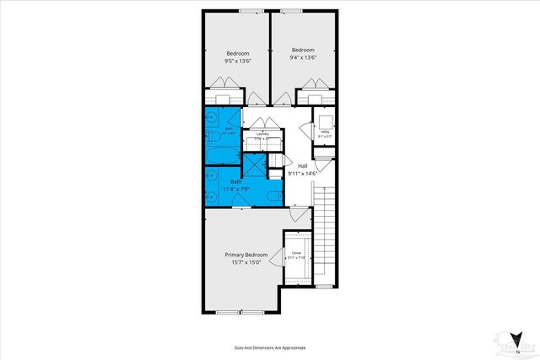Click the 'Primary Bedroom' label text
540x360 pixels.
[x=246, y=255]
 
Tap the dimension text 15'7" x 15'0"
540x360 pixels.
[x=246, y=262]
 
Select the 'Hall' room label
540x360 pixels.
[x=302, y=166]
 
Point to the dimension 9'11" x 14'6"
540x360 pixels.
[x=302, y=174]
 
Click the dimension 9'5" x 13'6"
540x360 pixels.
[x=236, y=60]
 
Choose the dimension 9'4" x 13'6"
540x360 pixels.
[x=302, y=58]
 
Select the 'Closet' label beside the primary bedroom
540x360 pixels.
[x=296, y=253]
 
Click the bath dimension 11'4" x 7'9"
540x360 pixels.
[x=237, y=189]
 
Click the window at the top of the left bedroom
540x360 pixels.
[x=249, y=11]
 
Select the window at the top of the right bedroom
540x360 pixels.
[x=291, y=11]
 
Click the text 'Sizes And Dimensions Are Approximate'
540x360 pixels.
[x=270, y=347]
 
